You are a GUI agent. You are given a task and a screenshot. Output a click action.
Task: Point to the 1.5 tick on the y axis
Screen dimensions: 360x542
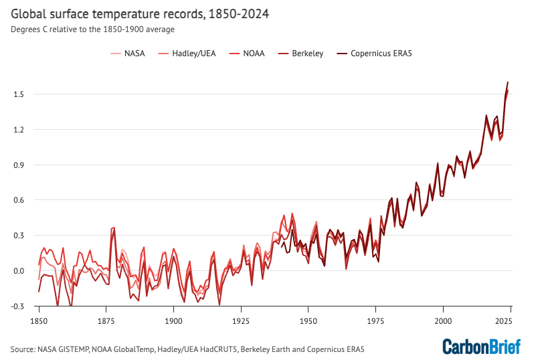19,94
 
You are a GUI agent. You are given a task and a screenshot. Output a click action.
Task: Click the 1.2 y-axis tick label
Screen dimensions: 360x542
19,130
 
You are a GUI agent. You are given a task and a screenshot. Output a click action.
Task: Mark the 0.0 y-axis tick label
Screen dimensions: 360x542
19,271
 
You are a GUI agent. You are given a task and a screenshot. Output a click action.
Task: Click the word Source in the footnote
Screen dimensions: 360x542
23,349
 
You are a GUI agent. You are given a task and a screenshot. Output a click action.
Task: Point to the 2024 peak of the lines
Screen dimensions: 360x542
508,82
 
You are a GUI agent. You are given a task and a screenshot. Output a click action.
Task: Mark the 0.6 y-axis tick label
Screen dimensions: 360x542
19,200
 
